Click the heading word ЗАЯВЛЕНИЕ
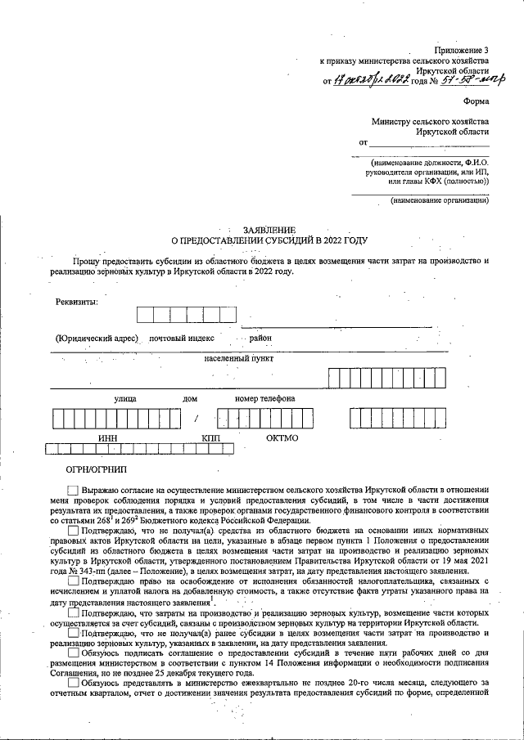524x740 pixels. click(269, 230)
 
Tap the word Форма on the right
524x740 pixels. click(476, 101)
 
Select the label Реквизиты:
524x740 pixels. click(76, 302)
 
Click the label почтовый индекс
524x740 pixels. click(181, 337)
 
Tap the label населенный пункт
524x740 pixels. click(239, 358)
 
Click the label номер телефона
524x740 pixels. click(264, 398)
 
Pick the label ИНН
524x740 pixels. click(107, 437)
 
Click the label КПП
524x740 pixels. click(212, 437)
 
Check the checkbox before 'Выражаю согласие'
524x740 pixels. click(74, 488)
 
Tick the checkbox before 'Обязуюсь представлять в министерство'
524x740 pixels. click(74, 683)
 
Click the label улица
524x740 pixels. click(125, 398)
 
